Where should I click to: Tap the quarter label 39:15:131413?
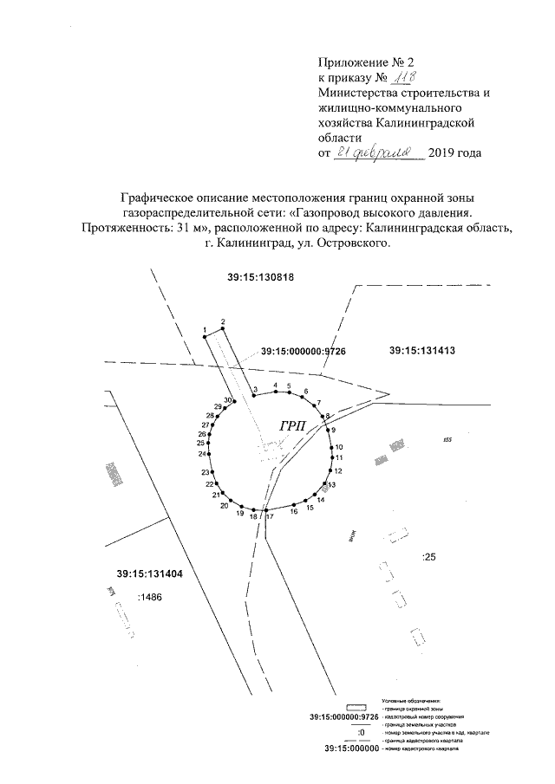423,351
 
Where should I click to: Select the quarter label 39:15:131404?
149,573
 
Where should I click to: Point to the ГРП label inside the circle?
294,425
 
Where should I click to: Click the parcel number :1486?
151,598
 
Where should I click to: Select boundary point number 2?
223,322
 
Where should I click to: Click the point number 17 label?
270,517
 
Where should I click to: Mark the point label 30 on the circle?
228,400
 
